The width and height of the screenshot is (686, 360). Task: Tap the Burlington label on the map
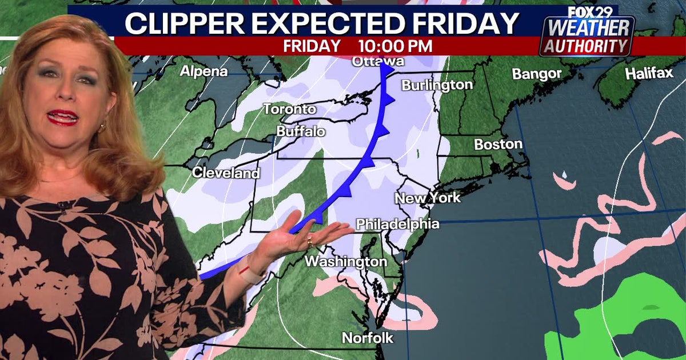[x=437, y=85]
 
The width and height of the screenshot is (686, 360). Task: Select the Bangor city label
[x=536, y=74]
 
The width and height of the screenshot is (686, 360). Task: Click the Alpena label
[x=204, y=71]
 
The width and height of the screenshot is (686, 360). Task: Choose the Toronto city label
[x=289, y=109]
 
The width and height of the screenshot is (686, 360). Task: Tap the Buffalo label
[x=301, y=131]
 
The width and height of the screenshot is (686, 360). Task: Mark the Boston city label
[x=498, y=144]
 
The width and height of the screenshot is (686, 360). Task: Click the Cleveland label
[x=222, y=172]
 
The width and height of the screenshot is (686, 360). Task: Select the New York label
[x=428, y=198]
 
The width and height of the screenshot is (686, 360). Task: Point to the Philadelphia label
[x=398, y=224]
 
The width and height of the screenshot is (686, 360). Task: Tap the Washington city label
[x=346, y=261]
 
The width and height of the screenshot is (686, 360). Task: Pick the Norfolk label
[x=368, y=338]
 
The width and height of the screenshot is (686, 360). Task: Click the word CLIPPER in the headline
[x=186, y=23]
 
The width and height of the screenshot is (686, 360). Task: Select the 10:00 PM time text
[x=395, y=46]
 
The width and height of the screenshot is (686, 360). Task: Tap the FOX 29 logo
[x=589, y=11]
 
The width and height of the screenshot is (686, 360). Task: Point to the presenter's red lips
[x=63, y=117]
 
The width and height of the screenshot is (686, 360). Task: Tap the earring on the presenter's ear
[x=103, y=127]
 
